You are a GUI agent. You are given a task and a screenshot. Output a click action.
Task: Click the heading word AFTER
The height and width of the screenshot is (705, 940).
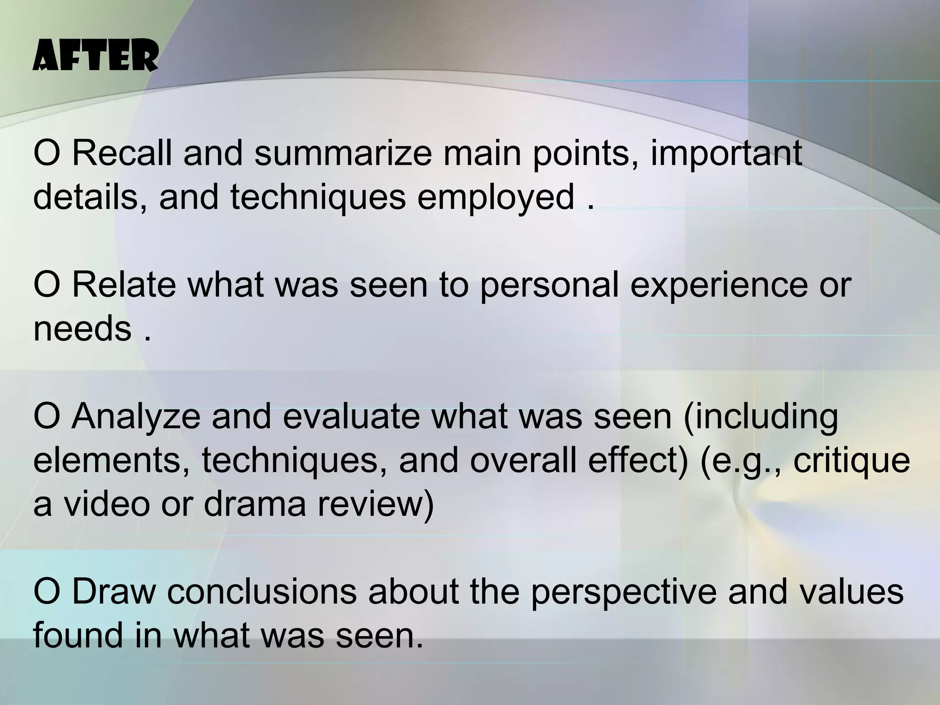point(95,56)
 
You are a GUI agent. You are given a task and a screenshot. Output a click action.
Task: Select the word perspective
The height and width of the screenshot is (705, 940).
point(623,592)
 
